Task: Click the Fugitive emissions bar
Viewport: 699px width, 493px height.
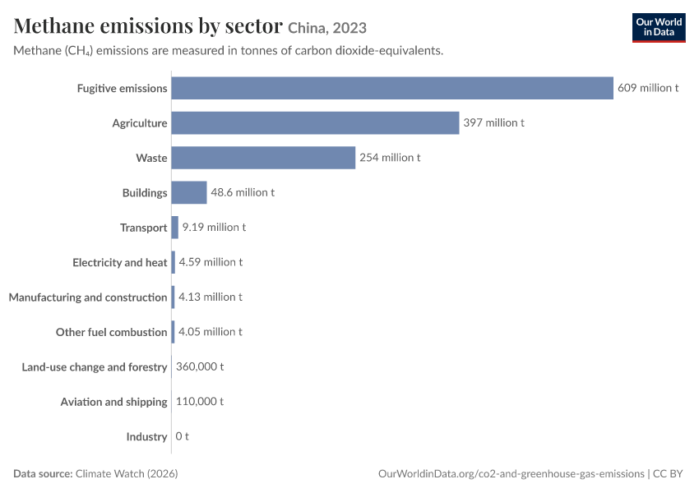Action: click(x=392, y=88)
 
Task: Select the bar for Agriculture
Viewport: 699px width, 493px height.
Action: click(x=315, y=123)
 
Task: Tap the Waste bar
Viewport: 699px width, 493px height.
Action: click(x=263, y=158)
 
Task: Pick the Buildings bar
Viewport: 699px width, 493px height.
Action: click(x=189, y=192)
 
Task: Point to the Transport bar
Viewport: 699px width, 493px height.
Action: click(x=174, y=228)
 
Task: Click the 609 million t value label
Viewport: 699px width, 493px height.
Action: click(x=648, y=88)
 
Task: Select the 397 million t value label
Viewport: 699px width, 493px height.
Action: click(x=493, y=122)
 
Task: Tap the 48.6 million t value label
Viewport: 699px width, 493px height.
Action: click(x=243, y=192)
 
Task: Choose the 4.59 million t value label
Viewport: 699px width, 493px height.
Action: click(x=211, y=262)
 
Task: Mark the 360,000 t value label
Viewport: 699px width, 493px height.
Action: click(x=200, y=366)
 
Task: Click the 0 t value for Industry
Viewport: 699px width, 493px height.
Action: click(x=182, y=436)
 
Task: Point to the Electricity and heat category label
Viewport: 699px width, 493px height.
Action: click(x=120, y=263)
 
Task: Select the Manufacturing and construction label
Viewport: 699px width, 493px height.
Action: click(x=88, y=297)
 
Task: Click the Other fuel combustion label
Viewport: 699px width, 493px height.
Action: click(x=112, y=332)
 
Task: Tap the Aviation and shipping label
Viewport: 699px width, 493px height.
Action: click(x=113, y=402)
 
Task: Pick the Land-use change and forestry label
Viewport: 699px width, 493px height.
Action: click(x=95, y=367)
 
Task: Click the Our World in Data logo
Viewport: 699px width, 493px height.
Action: click(x=659, y=28)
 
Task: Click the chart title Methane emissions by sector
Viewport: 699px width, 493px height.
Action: click(x=148, y=25)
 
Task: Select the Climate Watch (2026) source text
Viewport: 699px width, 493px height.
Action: click(x=127, y=473)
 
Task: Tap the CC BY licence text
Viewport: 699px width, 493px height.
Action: click(x=668, y=473)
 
